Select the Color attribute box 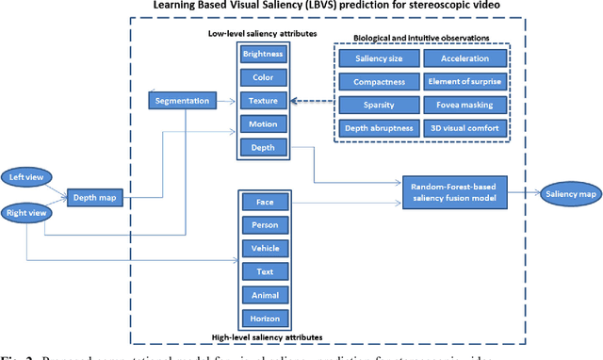pyautogui.click(x=257, y=76)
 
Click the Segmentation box pyautogui.click(x=181, y=99)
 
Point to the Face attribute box pyautogui.click(x=257, y=202)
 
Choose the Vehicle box pyautogui.click(x=257, y=248)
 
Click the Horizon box pyautogui.click(x=257, y=318)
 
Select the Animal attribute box pyautogui.click(x=257, y=294)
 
